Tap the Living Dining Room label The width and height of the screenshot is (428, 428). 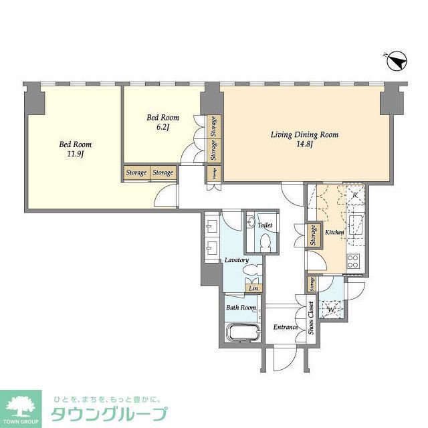coord(304,134)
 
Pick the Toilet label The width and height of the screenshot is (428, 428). coord(265,225)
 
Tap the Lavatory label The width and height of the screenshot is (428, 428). coord(237,260)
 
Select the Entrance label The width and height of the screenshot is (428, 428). coord(286,327)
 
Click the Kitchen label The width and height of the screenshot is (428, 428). coord(334,232)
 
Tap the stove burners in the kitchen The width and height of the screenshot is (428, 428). coord(353,259)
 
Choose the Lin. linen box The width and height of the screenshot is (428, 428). coord(253,288)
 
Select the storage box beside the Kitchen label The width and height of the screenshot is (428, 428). coord(312,235)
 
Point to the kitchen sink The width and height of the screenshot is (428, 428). coord(354,223)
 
